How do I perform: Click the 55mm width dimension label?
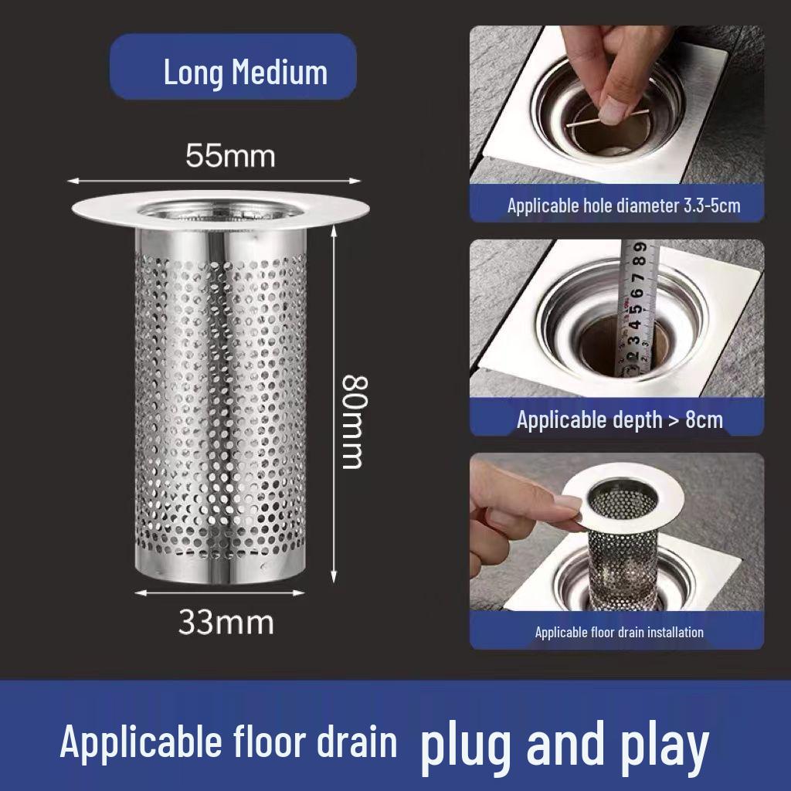[230, 156]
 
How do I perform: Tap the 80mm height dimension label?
[352, 422]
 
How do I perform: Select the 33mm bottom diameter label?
[226, 621]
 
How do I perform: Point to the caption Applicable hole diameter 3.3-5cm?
[623, 205]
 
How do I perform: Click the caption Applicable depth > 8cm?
[620, 419]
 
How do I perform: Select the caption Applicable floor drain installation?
[619, 632]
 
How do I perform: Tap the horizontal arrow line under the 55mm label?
[215, 181]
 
